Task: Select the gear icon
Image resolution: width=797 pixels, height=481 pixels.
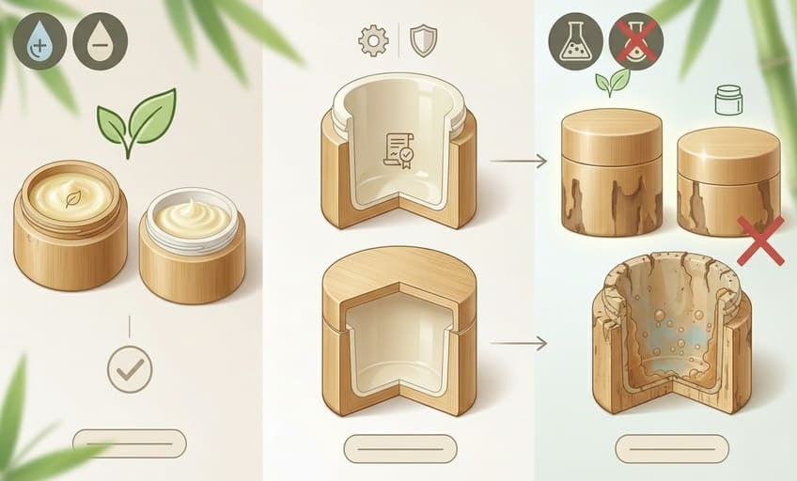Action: pyautogui.click(x=373, y=40)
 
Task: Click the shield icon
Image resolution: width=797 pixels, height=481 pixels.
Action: pyautogui.click(x=425, y=40)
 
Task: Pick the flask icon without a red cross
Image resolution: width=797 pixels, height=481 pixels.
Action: pyautogui.click(x=575, y=41)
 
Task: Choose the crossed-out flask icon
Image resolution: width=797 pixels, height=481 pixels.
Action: pyautogui.click(x=636, y=41)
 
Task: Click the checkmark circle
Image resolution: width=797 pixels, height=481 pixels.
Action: pyautogui.click(x=130, y=369)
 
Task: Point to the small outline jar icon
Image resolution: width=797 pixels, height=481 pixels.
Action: pyautogui.click(x=728, y=100)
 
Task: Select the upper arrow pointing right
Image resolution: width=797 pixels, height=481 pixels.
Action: pyautogui.click(x=518, y=162)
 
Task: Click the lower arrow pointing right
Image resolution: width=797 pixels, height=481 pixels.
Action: pyautogui.click(x=518, y=344)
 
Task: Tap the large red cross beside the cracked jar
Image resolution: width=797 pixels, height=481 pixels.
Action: pyautogui.click(x=760, y=239)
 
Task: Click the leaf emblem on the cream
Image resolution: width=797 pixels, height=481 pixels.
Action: pyautogui.click(x=71, y=197)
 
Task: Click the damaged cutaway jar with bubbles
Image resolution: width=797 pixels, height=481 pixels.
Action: pyautogui.click(x=671, y=334)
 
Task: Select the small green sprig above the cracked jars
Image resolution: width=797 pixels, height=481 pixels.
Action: pyautogui.click(x=612, y=83)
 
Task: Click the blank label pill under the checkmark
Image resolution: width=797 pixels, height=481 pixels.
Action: pyautogui.click(x=130, y=443)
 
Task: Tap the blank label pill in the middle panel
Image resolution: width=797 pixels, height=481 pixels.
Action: pyautogui.click(x=399, y=448)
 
